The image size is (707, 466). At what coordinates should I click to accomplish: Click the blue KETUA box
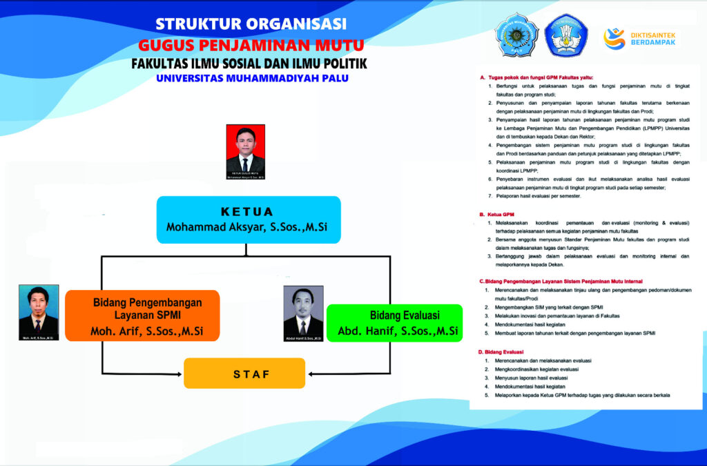[249, 220]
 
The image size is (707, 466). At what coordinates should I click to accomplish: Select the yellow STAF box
[244, 373]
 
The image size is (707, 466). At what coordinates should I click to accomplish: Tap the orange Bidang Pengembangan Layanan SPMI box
[142, 315]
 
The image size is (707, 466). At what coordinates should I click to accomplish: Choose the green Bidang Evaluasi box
[394, 322]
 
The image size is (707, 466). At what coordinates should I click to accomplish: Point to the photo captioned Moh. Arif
[38, 312]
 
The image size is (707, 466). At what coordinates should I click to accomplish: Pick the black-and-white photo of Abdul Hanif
[303, 312]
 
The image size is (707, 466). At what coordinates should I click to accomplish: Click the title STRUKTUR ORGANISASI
[251, 23]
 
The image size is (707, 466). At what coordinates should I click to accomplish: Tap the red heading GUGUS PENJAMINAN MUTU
[251, 45]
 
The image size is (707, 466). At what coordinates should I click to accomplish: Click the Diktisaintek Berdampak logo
[639, 38]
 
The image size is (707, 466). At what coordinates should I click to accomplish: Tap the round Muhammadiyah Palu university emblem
[515, 35]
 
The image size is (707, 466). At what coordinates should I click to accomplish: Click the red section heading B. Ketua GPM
[496, 215]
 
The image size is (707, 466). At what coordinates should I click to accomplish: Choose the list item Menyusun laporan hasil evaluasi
[531, 378]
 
